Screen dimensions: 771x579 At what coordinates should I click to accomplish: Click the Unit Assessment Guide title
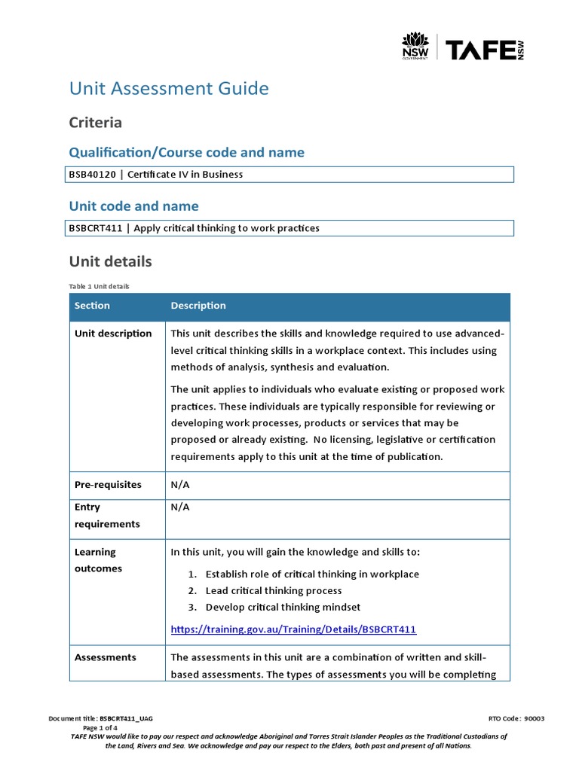coord(169,89)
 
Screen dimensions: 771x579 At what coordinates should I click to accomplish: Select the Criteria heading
coord(96,122)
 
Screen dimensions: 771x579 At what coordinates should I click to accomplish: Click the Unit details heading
coord(110,262)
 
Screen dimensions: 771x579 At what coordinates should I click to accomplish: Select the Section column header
coord(92,306)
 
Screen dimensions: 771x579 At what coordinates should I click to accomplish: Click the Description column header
coord(198,306)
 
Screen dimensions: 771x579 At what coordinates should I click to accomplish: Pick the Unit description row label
coord(113,334)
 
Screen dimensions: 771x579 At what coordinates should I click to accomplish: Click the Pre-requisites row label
coord(108,485)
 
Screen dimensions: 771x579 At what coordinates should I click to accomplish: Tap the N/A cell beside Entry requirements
coord(180,507)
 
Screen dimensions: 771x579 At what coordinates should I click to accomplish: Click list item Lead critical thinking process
coord(274,590)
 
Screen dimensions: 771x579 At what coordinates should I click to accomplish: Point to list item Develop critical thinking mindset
coord(283,607)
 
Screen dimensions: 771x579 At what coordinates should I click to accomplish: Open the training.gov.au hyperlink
coord(293,629)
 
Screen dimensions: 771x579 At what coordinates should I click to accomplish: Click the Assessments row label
coord(106,657)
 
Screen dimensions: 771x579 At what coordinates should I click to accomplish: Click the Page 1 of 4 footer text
coord(100,728)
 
